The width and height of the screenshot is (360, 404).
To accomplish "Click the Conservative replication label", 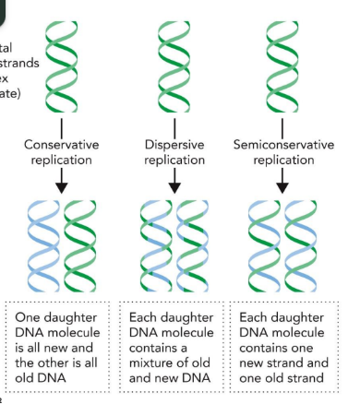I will (62, 152).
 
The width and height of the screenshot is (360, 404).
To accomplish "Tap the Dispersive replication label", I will (174, 152).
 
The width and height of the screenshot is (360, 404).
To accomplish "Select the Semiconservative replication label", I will (284, 152).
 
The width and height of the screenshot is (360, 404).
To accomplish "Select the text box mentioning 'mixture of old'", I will (174, 345).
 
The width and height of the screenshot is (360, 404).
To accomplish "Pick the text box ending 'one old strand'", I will (284, 345).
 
